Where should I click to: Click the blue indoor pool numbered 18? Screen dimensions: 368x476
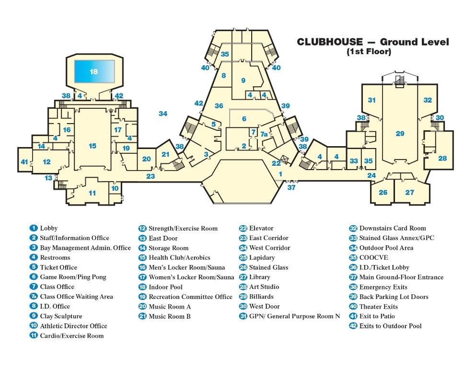[x=94, y=71]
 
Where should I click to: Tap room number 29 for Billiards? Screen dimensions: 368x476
[x=400, y=134]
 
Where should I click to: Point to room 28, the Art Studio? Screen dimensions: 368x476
[x=442, y=158]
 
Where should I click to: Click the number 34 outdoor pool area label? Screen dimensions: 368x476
[x=163, y=114]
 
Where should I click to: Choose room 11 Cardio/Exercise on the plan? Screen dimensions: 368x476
[x=92, y=193]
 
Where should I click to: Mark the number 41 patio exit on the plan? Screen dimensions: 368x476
[x=24, y=162]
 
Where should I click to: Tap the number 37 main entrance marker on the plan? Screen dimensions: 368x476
[x=291, y=188]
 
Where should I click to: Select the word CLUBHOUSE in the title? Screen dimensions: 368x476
[x=329, y=42]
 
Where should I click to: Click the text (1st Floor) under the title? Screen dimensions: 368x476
[x=369, y=52]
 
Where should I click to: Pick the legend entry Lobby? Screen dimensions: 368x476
[x=48, y=229]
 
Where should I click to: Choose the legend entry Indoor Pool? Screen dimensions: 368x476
[x=165, y=287]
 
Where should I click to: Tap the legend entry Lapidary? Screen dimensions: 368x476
[x=262, y=258]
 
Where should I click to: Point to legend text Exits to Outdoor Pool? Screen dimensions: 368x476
[x=390, y=326]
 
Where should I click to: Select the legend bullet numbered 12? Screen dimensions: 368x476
[x=142, y=229]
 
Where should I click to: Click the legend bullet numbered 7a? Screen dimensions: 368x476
[x=34, y=297]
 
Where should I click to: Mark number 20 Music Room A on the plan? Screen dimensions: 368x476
[x=146, y=159]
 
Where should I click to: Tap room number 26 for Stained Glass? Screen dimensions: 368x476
[x=383, y=193]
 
